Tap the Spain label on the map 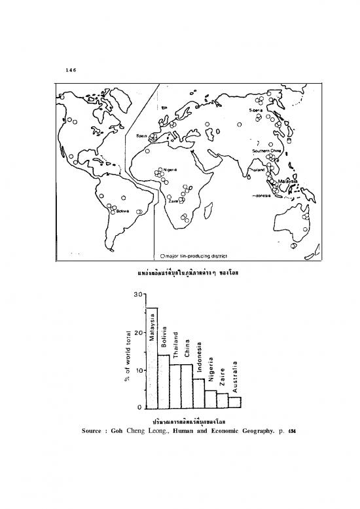point(141,136)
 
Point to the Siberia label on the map point(255,111)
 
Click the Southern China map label point(266,151)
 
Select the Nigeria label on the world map point(170,168)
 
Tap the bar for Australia point(235,402)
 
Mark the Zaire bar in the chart point(223,400)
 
